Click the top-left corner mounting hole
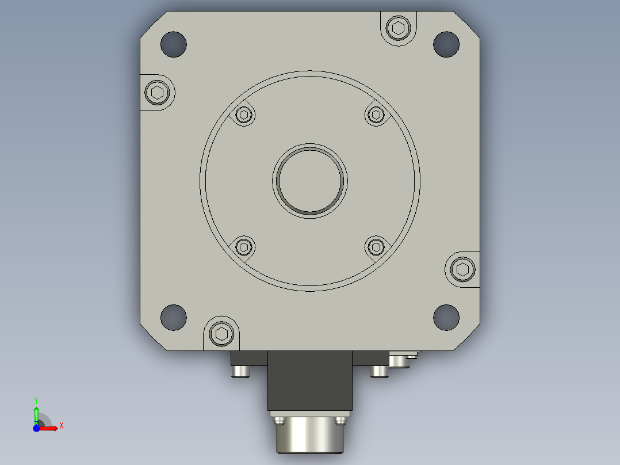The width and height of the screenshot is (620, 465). click(174, 44)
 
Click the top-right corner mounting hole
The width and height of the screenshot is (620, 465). click(446, 44)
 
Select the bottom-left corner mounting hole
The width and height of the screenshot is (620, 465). click(174, 318)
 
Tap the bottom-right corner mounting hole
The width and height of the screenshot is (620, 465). click(446, 318)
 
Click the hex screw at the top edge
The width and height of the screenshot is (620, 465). click(398, 28)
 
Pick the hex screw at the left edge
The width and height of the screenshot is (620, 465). click(158, 93)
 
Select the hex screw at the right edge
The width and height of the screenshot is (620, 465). click(462, 269)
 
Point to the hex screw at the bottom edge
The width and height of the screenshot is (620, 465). click(221, 334)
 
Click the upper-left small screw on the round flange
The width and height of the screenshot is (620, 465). click(244, 115)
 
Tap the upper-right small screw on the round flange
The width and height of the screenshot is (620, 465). click(376, 115)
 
